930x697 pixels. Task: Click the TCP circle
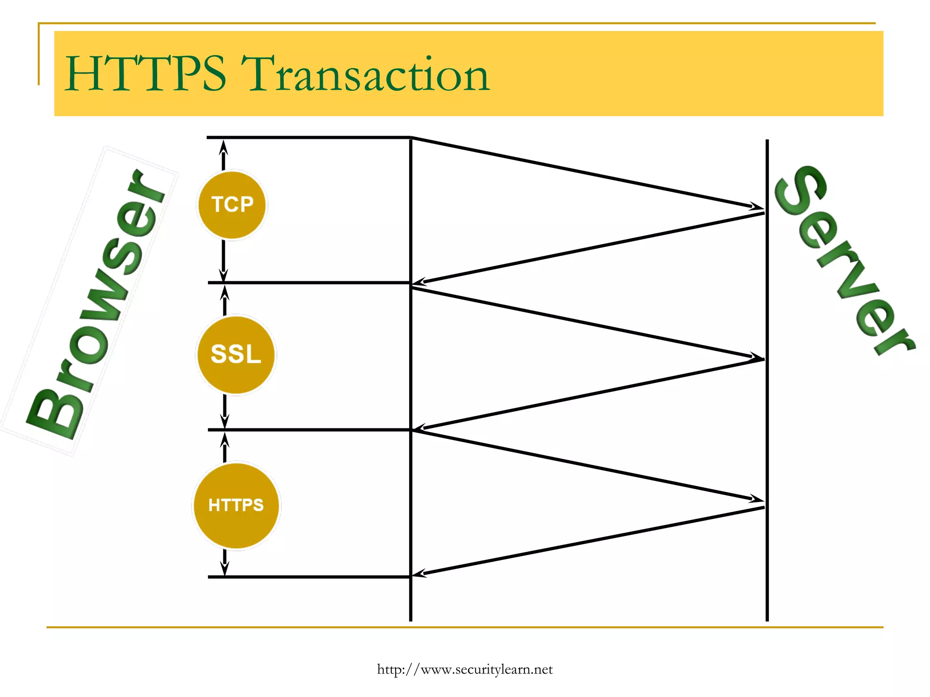pos(232,205)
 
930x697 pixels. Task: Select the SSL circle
pos(236,354)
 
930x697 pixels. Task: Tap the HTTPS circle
pos(236,505)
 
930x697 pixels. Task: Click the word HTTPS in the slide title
pos(145,74)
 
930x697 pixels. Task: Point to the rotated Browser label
pos(95,304)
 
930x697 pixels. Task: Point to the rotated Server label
pos(845,261)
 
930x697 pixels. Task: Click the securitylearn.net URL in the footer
pos(465,669)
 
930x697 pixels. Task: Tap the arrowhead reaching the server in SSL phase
pos(757,357)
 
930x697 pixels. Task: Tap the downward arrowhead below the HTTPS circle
pos(224,568)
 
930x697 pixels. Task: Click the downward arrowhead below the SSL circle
pos(224,421)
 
